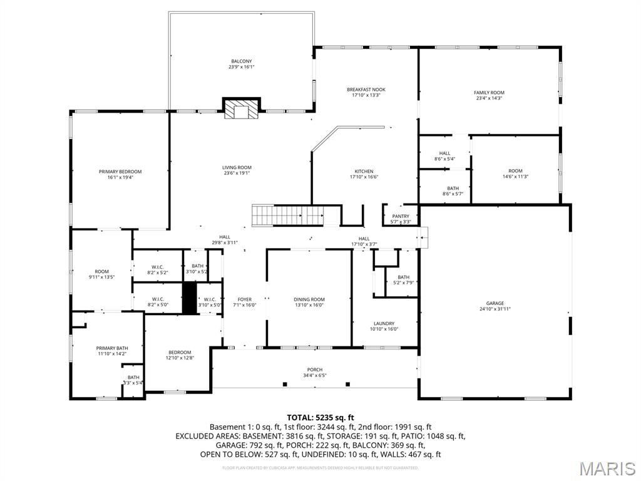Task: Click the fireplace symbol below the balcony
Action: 242,109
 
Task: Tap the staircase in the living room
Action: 287,216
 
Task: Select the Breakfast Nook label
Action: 366,90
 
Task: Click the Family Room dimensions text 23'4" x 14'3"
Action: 489,98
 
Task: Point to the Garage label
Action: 495,303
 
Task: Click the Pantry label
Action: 401,216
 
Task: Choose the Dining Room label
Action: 309,299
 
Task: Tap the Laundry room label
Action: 384,323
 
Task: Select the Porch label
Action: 314,370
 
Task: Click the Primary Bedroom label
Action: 120,172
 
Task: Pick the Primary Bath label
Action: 111,348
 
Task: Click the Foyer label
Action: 244,299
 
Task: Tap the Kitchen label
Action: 364,171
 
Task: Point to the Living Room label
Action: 237,167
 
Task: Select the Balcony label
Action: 241,61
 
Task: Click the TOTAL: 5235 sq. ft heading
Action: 320,417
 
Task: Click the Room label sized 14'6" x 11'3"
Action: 515,171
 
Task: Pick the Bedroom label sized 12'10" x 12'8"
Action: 179,352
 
